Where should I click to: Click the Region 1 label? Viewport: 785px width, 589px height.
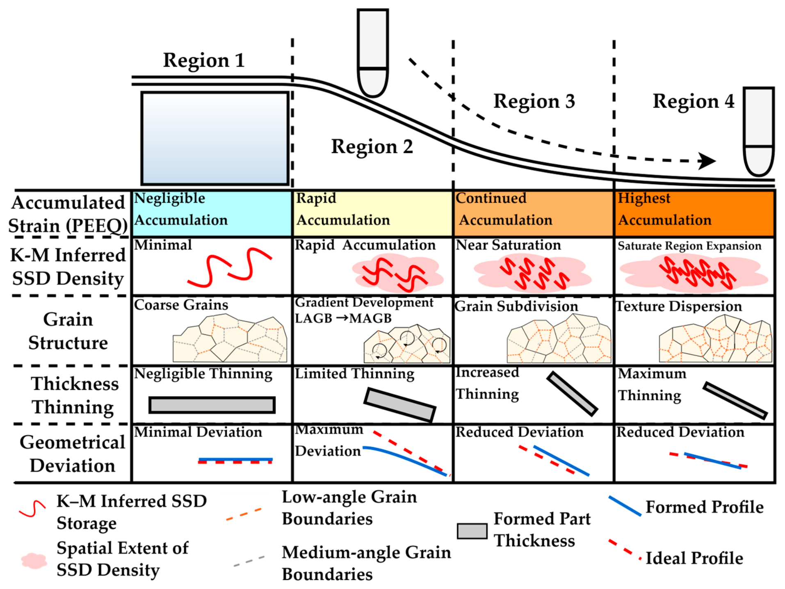pos(204,61)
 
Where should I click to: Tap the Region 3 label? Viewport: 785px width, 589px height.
pos(534,101)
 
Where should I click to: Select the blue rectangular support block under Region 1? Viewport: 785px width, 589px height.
pos(215,138)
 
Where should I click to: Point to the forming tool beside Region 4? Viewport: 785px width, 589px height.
pos(759,131)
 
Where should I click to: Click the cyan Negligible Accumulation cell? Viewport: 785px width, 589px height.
pos(212,213)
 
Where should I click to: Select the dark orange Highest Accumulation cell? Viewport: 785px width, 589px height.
pos(694,213)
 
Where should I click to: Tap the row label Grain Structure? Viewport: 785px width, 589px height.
pos(68,331)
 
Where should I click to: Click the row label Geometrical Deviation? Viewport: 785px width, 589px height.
pos(73,454)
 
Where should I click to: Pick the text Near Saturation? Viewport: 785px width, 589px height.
pos(508,245)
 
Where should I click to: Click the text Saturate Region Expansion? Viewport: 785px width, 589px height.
pos(689,246)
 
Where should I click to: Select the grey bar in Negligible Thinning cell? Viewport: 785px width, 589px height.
pos(212,405)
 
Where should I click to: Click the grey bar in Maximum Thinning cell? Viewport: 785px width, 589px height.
pos(735,400)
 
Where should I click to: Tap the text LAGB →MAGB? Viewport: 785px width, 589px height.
pos(343,318)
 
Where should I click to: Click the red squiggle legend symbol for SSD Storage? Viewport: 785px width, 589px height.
pos(32,509)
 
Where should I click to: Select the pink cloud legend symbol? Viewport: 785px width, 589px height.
pos(34,561)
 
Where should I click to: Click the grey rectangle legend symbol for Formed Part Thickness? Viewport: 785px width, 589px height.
pos(472,531)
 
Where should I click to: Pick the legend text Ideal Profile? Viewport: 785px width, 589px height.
pos(694,558)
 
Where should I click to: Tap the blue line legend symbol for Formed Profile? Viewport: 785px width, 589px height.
pos(625,506)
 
